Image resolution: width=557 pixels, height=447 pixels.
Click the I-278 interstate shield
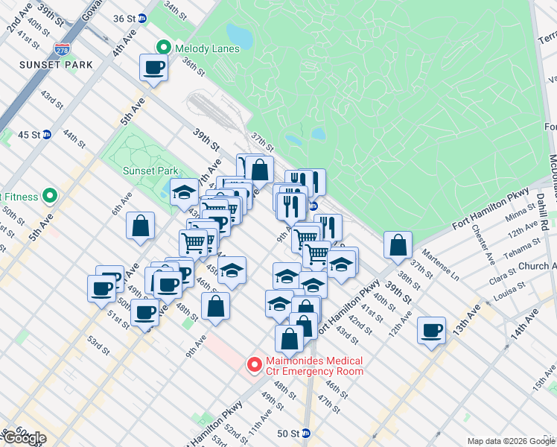[x=62, y=50]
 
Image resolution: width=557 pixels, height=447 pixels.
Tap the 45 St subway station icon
[x=47, y=134]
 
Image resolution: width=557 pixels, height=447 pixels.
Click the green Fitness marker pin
[x=50, y=197]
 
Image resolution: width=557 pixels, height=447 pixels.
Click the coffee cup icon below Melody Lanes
[x=153, y=68]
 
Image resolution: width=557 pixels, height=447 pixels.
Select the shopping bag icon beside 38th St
[x=398, y=244]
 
